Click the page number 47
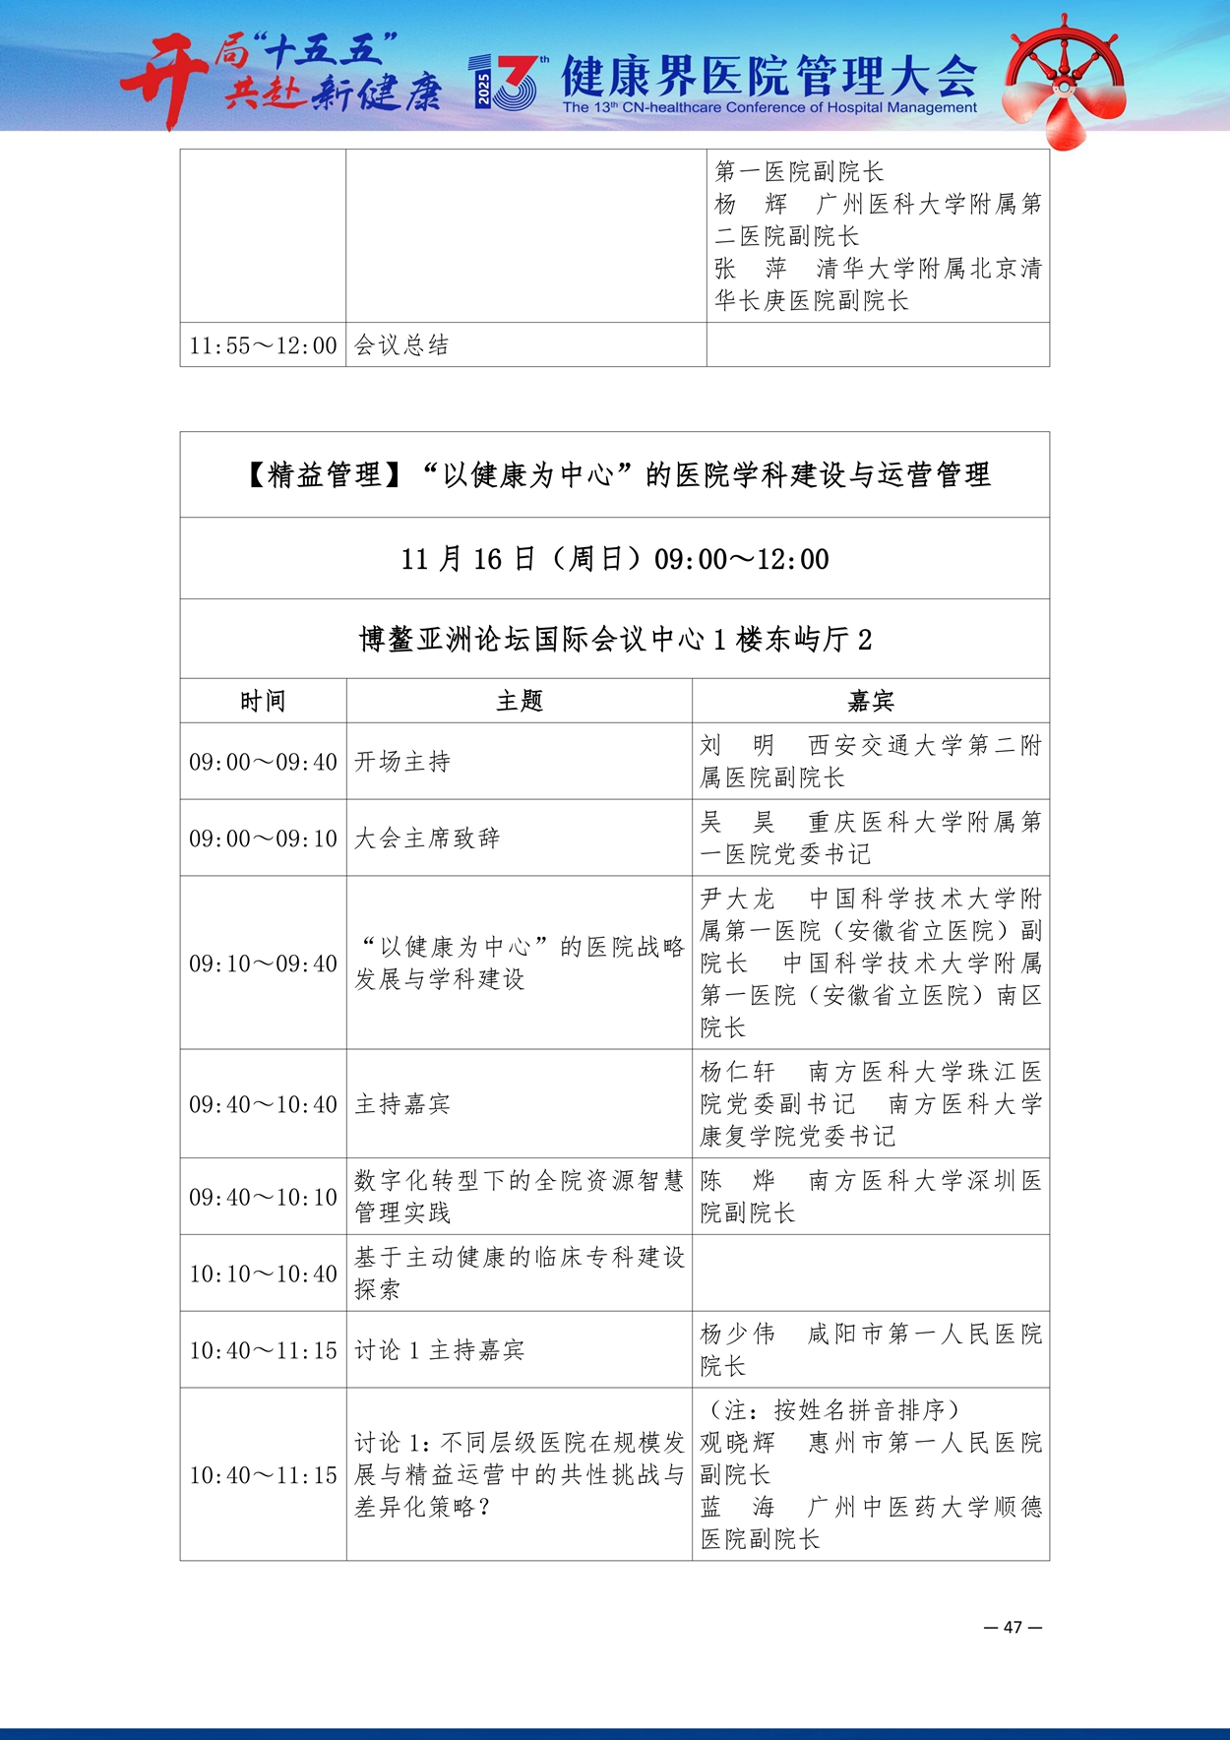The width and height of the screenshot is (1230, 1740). point(1013,1627)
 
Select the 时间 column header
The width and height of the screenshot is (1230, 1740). point(263,701)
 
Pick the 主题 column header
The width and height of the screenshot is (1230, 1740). point(519,701)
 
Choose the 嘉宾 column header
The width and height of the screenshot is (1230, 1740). point(870,701)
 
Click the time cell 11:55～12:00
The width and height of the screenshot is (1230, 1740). point(263,345)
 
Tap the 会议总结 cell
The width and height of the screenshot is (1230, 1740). point(401,345)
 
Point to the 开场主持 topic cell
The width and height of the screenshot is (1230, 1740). point(402,762)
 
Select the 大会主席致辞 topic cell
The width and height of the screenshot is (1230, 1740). point(427,839)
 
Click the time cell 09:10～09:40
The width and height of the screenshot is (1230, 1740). point(263,963)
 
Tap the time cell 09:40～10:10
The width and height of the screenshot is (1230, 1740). point(263,1197)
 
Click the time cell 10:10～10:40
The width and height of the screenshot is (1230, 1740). point(263,1274)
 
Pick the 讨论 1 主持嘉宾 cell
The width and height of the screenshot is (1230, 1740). point(439,1350)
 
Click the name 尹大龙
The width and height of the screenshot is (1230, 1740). point(737,899)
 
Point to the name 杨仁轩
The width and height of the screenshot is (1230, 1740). point(737,1072)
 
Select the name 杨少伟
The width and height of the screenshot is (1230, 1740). point(737,1334)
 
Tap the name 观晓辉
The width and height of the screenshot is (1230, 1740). point(737,1443)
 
